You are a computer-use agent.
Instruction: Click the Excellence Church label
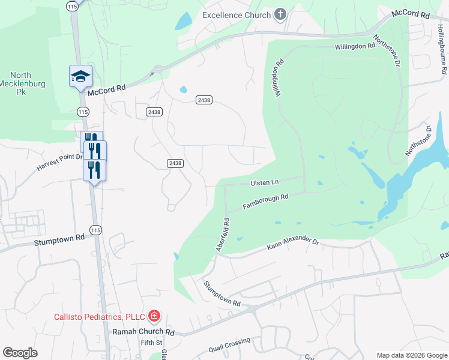[x=237, y=15]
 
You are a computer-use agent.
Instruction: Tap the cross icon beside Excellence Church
[x=280, y=14]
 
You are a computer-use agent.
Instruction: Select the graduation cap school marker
[x=80, y=76]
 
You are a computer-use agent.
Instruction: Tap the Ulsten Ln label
[x=264, y=182]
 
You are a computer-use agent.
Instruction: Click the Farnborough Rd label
[x=266, y=202]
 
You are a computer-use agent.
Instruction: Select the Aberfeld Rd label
[x=221, y=234]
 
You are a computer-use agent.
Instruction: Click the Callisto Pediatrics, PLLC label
[x=100, y=317]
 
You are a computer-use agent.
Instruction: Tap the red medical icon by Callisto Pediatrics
[x=154, y=316]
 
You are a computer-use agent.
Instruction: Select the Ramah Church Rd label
[x=143, y=332]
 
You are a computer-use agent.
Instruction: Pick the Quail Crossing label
[x=229, y=346]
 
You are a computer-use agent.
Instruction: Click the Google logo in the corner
[x=20, y=353]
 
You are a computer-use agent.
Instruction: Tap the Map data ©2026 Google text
[x=412, y=355]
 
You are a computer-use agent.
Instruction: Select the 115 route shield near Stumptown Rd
[x=95, y=230]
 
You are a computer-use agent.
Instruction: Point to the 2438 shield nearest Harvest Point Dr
[x=175, y=163]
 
